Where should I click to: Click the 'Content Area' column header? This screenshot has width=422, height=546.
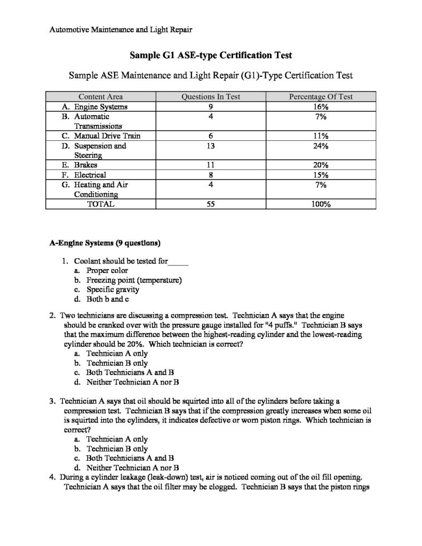tap(100, 97)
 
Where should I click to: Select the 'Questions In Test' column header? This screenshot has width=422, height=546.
tap(211, 97)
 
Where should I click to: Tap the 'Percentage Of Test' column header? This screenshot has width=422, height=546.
tap(321, 97)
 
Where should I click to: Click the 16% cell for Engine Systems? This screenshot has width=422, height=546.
tap(321, 106)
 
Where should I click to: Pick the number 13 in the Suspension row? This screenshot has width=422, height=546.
tap(211, 146)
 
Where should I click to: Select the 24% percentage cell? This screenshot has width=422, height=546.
tap(321, 146)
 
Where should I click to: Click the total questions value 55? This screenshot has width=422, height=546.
tap(211, 204)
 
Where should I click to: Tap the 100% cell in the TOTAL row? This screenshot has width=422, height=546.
tap(321, 204)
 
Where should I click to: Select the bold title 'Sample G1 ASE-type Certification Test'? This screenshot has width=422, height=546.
tap(211, 55)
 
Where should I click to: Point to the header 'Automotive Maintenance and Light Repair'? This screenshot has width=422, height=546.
tap(121, 30)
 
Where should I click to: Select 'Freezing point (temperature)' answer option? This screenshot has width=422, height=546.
tap(134, 280)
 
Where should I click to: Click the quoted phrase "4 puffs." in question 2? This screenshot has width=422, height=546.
tap(273, 325)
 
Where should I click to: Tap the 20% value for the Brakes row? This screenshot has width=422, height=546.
tap(321, 165)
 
